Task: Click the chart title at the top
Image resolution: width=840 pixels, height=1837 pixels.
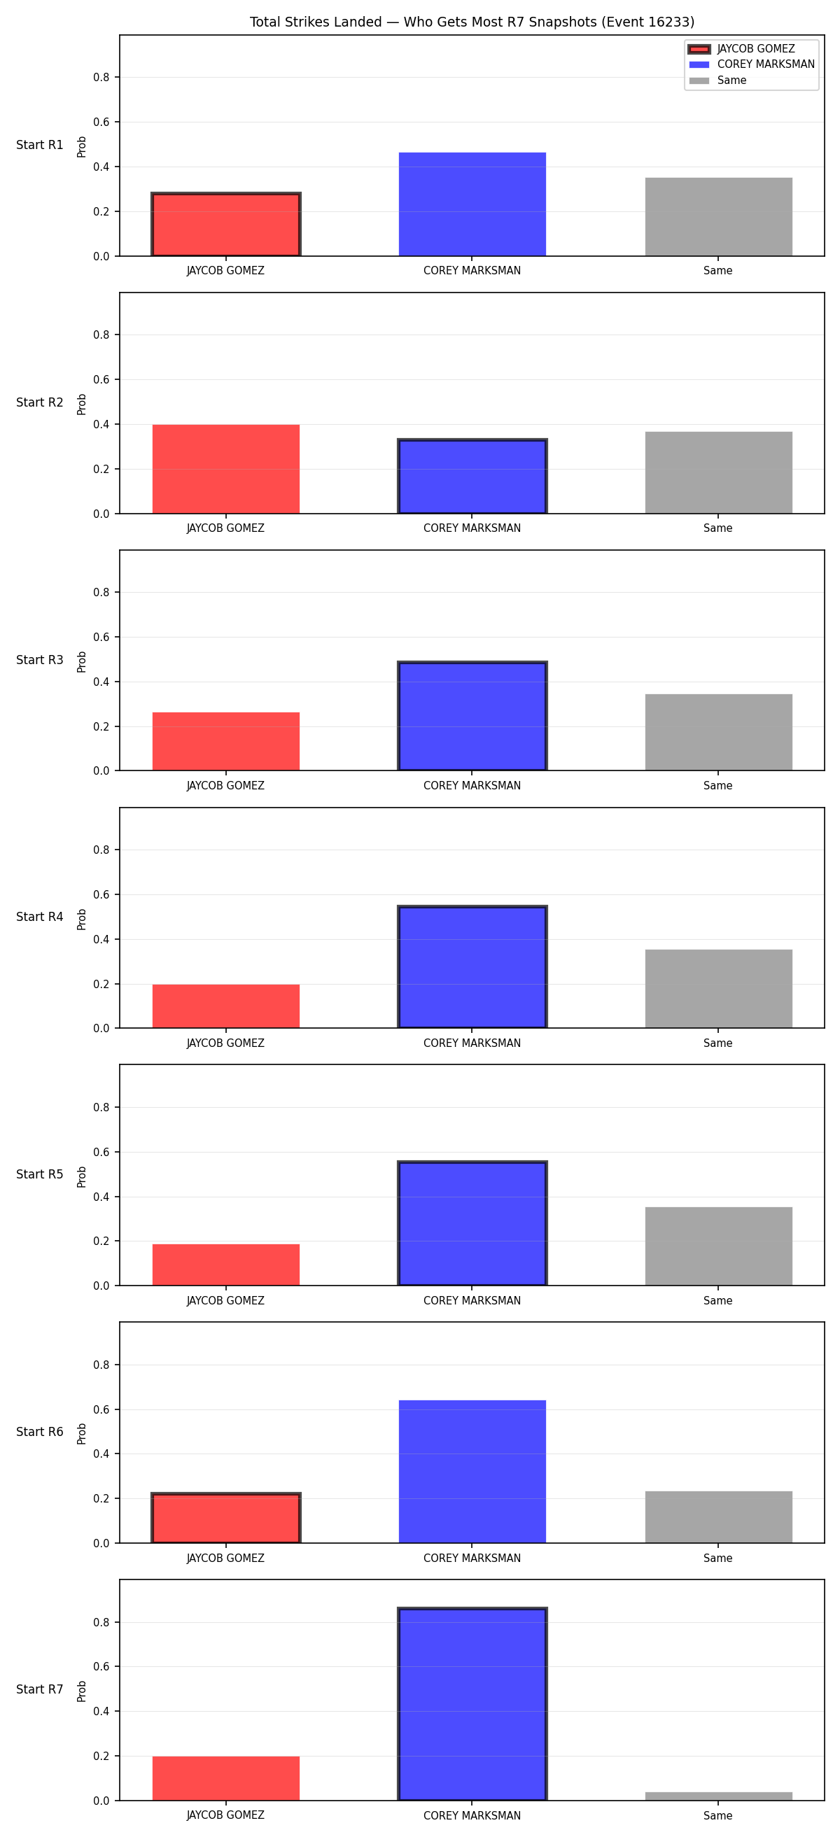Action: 471,22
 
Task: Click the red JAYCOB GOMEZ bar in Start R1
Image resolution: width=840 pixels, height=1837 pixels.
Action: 226,224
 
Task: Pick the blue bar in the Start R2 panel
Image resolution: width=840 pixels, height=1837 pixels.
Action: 472,477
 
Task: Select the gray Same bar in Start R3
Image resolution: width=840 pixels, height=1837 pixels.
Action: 719,733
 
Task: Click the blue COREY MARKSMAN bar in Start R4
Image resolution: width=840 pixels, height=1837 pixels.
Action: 472,967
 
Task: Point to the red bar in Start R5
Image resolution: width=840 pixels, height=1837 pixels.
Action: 226,1265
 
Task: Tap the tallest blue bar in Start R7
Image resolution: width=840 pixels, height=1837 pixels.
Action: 472,1704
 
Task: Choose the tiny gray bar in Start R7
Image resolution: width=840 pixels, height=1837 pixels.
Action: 719,1796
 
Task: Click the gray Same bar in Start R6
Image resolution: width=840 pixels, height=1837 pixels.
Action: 719,1517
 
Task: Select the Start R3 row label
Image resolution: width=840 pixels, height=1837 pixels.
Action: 40,660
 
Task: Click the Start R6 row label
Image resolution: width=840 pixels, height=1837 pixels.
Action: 40,1432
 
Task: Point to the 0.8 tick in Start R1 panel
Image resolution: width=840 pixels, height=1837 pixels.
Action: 101,77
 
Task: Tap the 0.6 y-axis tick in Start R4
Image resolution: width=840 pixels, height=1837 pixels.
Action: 101,894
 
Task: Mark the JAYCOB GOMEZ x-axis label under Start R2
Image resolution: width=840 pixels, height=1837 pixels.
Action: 225,528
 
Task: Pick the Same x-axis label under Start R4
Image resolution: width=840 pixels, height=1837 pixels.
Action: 717,1043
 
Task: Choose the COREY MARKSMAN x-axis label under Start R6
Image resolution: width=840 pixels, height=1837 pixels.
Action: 472,1558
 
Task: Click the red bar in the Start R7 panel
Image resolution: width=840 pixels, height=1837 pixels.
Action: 226,1778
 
